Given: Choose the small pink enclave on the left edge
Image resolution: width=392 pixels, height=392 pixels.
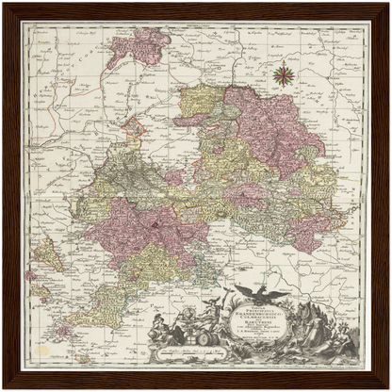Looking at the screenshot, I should [x=31, y=275].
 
